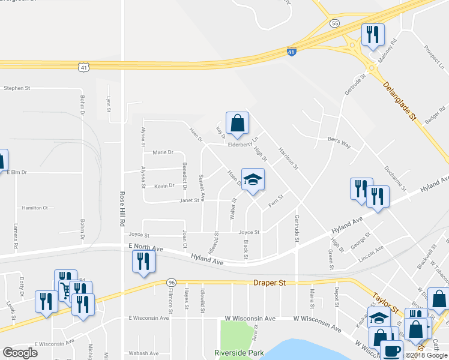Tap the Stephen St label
[x=17, y=88]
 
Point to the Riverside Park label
[x=239, y=353]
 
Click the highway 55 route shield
[x=334, y=23]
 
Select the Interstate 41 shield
[x=291, y=53]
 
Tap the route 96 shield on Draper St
[x=172, y=283]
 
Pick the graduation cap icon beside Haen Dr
[x=253, y=179]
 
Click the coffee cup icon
[x=393, y=350]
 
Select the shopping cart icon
[x=65, y=291]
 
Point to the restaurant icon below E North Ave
[x=143, y=261]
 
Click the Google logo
[x=20, y=353]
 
